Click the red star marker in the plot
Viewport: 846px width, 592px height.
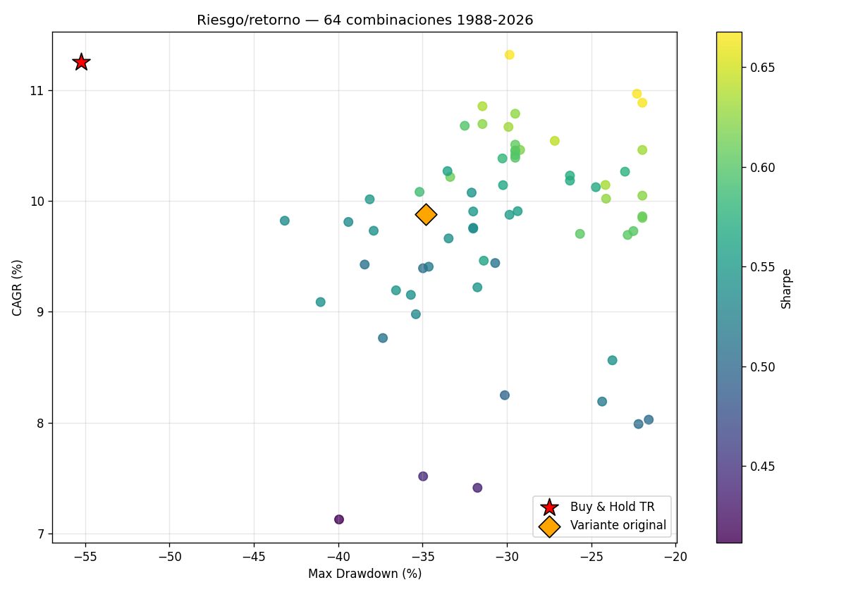point(81,62)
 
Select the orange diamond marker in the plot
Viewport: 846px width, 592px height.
point(426,214)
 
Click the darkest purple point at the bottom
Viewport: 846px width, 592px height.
point(339,519)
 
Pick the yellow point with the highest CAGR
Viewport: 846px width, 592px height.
point(510,55)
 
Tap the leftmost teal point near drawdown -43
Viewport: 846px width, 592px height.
point(285,221)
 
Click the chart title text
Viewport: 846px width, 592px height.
point(365,20)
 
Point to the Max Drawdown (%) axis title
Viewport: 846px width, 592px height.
point(365,574)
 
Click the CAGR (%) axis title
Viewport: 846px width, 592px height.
point(17,288)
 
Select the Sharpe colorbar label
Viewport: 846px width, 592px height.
point(786,289)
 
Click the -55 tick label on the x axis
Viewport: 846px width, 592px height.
point(85,557)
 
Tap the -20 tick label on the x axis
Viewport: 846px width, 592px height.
point(675,557)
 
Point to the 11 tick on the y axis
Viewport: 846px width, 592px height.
point(37,91)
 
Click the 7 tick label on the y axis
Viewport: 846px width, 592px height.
point(40,534)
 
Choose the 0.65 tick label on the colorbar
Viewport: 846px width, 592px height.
point(763,68)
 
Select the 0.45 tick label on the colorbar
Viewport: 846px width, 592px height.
point(763,467)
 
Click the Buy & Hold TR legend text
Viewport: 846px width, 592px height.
point(612,507)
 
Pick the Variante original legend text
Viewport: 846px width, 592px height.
point(618,525)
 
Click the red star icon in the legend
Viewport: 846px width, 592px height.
point(549,507)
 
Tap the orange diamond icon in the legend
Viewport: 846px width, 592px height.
point(549,526)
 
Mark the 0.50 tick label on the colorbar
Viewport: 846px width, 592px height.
point(763,367)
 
